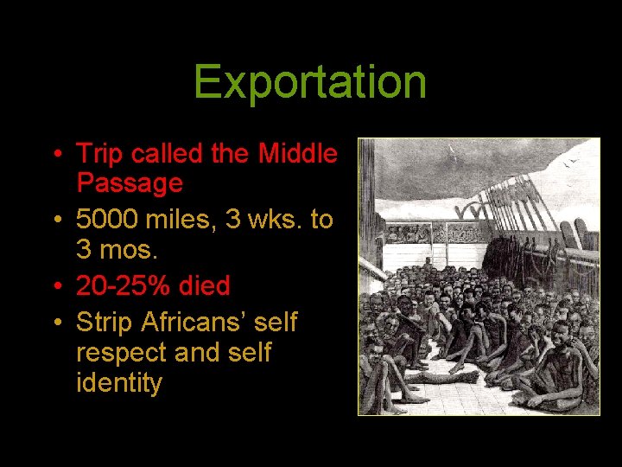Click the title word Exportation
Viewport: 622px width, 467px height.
pyautogui.click(x=310, y=82)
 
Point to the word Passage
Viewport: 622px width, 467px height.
pyautogui.click(x=130, y=183)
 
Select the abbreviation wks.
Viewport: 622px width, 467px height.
pyautogui.click(x=276, y=220)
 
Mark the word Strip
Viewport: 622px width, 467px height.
pyautogui.click(x=104, y=323)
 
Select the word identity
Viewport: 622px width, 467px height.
pyautogui.click(x=119, y=382)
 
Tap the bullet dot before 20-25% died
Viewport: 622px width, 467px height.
pyautogui.click(x=56, y=286)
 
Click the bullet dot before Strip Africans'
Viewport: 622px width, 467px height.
pyautogui.click(x=56, y=323)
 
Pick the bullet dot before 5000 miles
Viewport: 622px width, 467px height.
pyautogui.click(x=56, y=221)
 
